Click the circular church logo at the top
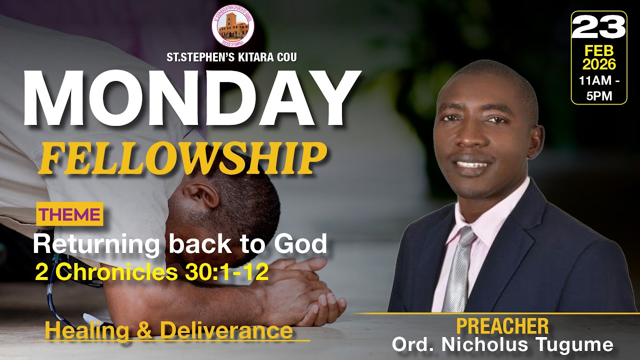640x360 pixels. click(232, 26)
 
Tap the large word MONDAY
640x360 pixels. click(191, 98)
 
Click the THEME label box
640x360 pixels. click(69, 214)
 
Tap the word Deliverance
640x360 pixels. click(226, 330)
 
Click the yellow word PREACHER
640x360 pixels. click(502, 326)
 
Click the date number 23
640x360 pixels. click(598, 28)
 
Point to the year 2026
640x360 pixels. click(598, 64)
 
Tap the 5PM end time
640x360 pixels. click(599, 95)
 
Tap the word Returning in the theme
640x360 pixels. click(95, 244)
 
